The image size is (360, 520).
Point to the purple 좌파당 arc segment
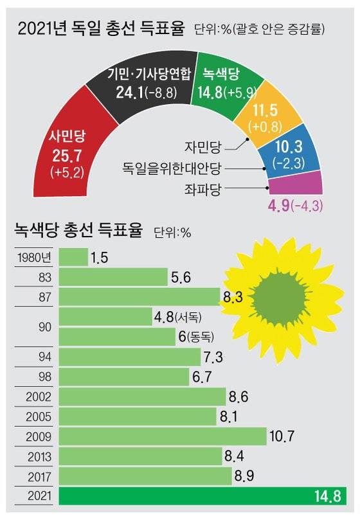(296, 187)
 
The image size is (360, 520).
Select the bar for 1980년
(73, 257)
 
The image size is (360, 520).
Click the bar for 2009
(162, 436)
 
